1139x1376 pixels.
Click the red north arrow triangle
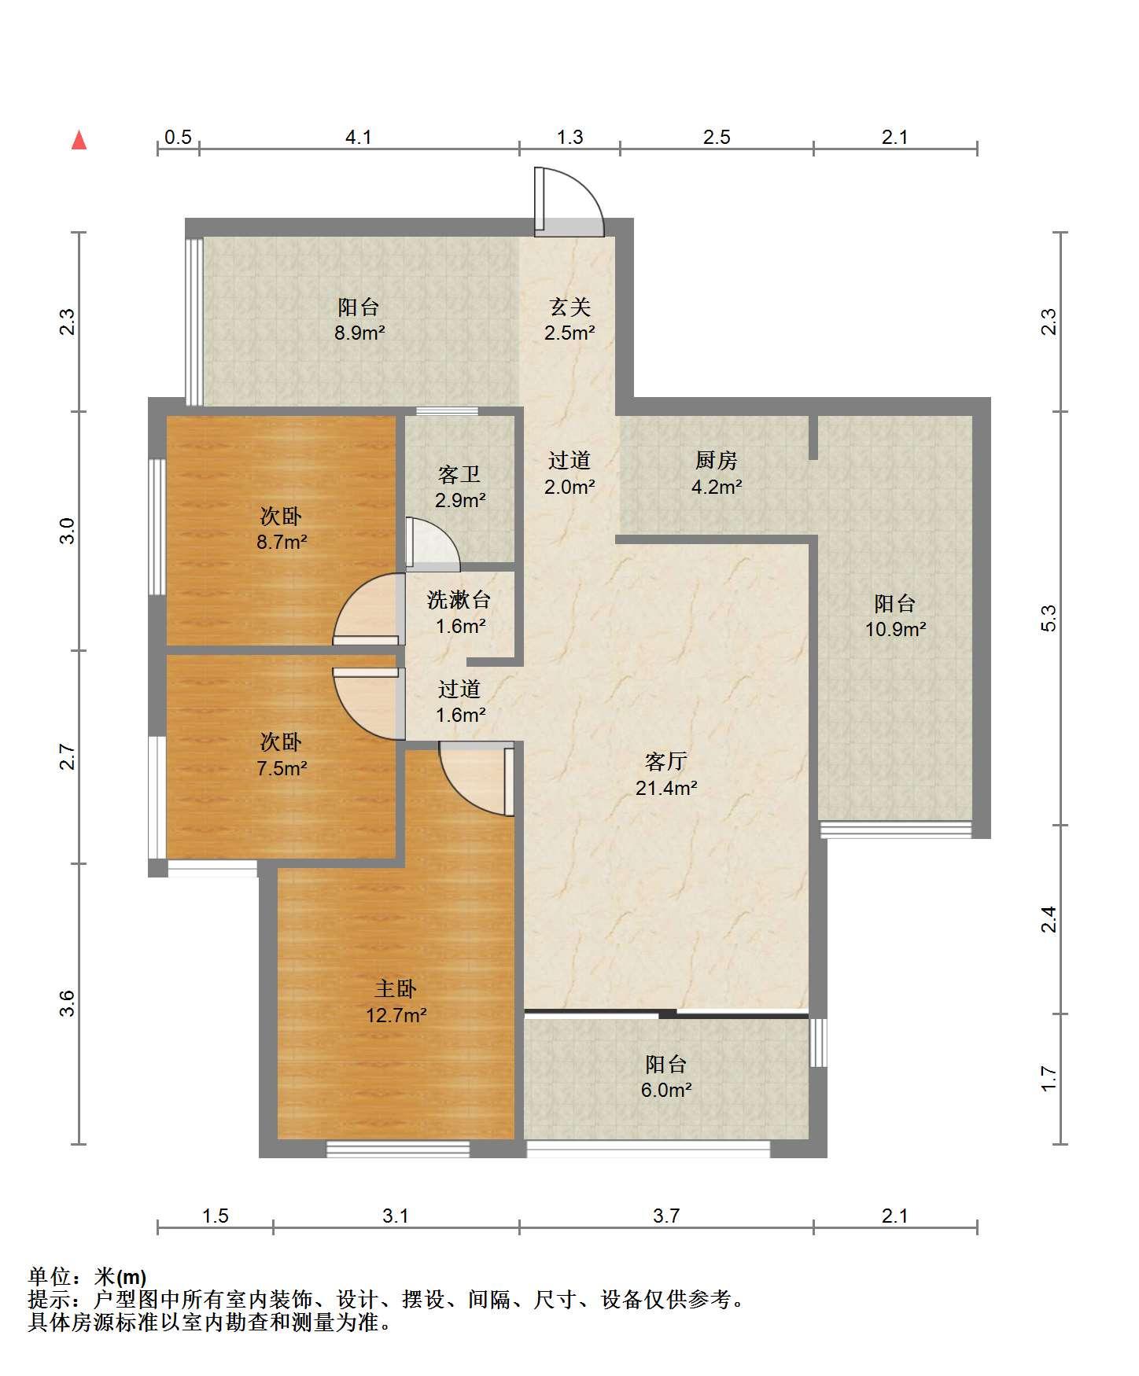click(79, 140)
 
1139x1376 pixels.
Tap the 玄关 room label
click(569, 307)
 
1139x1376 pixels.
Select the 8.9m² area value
click(359, 333)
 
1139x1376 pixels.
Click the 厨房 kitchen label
click(716, 460)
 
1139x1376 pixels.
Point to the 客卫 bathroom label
click(459, 474)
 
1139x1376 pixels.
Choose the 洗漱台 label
click(459, 600)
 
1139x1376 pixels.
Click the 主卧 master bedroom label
click(396, 988)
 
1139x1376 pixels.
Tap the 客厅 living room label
click(666, 761)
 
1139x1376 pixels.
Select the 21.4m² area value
click(666, 788)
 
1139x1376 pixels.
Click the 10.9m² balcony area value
click(895, 629)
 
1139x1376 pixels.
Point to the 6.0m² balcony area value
click(666, 1090)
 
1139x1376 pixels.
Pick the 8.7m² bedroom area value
click(282, 542)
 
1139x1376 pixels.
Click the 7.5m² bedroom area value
click(282, 767)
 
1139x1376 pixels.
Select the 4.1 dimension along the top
click(359, 138)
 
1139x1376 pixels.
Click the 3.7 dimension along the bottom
click(666, 1216)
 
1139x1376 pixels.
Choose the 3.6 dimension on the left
click(68, 1003)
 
